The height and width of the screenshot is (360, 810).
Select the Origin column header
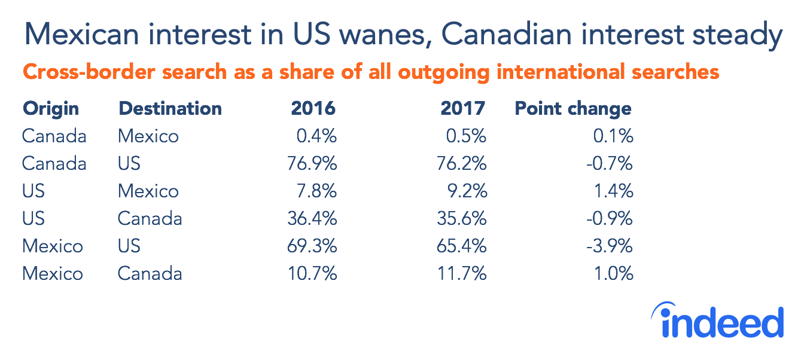(x=50, y=109)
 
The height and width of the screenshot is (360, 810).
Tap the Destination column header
(x=170, y=109)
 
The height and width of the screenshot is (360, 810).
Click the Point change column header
(x=573, y=109)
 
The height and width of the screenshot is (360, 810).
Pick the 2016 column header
(x=313, y=109)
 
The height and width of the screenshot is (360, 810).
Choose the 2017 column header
(x=462, y=109)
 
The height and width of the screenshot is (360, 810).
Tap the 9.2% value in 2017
(x=467, y=191)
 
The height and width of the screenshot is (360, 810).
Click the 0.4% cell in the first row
(x=316, y=136)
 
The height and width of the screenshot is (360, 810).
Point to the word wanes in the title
(x=384, y=36)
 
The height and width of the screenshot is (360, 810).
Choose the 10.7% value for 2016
(x=313, y=274)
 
